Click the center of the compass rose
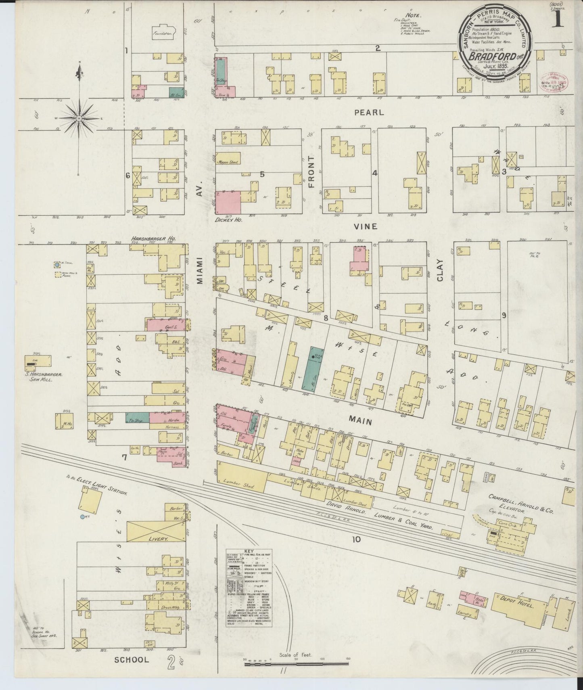[79, 118]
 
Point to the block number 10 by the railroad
[355, 539]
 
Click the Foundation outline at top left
[163, 34]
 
